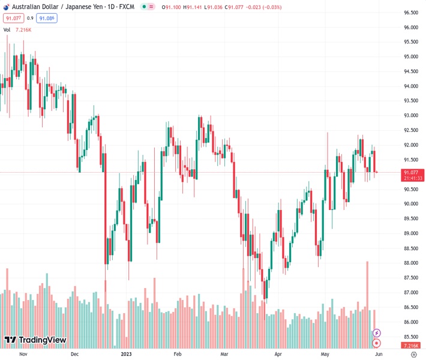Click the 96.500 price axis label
pyautogui.click(x=410, y=13)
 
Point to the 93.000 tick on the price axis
pyautogui.click(x=410, y=116)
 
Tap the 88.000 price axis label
pyautogui.click(x=410, y=263)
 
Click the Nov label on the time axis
pyautogui.click(x=23, y=354)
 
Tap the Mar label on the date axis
pyautogui.click(x=223, y=354)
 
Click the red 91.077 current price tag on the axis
pyautogui.click(x=410, y=172)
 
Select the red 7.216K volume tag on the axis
pyautogui.click(x=410, y=346)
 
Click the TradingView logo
pyautogui.click(x=35, y=340)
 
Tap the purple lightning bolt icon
pyautogui.click(x=377, y=333)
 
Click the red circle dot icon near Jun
pyautogui.click(x=377, y=343)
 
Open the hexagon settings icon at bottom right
pyautogui.click(x=411, y=354)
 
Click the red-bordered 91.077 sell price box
pyautogui.click(x=13, y=19)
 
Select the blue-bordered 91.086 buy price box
pyautogui.click(x=46, y=19)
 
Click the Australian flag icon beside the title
pyautogui.click(x=5, y=7)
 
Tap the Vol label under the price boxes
pyautogui.click(x=7, y=29)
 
